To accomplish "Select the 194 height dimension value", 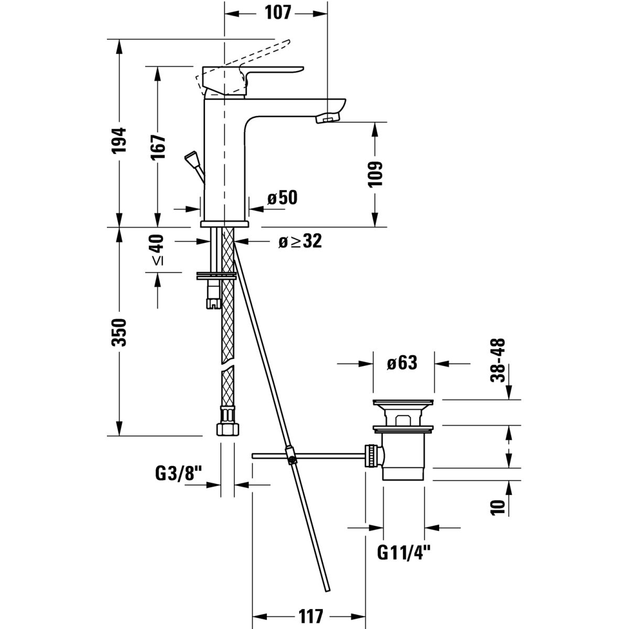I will point(120,140).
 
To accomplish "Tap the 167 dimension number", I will point(159,147).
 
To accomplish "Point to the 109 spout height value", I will point(376,173).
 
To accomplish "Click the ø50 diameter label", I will point(282,198).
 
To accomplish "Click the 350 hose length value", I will point(120,332).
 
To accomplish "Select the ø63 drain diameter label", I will point(403,363).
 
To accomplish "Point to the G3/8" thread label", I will point(179,474).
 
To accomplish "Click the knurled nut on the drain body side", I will point(371,455).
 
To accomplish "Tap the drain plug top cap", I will point(403,403).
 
